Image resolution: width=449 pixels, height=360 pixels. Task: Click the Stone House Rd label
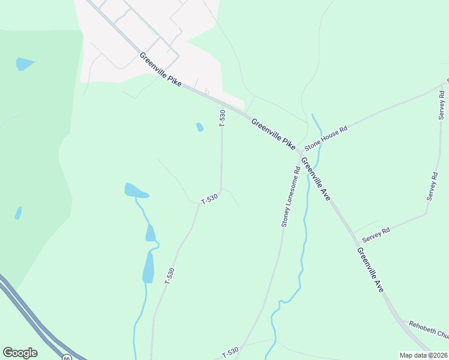coord(326,138)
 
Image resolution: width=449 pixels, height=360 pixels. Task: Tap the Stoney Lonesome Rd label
coord(291,197)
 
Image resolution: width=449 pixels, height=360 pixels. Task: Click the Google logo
coord(20,353)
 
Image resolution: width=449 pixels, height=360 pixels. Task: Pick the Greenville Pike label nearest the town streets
coord(160,68)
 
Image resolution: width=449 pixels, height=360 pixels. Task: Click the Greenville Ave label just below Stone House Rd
coord(316,178)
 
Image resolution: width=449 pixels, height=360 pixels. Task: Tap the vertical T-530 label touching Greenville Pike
coord(223,118)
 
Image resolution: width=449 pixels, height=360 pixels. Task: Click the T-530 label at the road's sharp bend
coord(209,199)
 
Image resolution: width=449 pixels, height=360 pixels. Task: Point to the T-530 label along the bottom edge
coord(230,352)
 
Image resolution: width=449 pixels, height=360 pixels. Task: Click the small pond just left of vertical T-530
coord(199,127)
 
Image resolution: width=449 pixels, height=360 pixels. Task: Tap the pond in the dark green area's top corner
coord(25,64)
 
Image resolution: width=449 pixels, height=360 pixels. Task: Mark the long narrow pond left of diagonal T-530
coord(148,267)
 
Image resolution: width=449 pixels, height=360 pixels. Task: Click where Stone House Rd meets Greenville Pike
coord(300,152)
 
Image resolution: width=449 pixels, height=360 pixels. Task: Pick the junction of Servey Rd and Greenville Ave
coord(352,232)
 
